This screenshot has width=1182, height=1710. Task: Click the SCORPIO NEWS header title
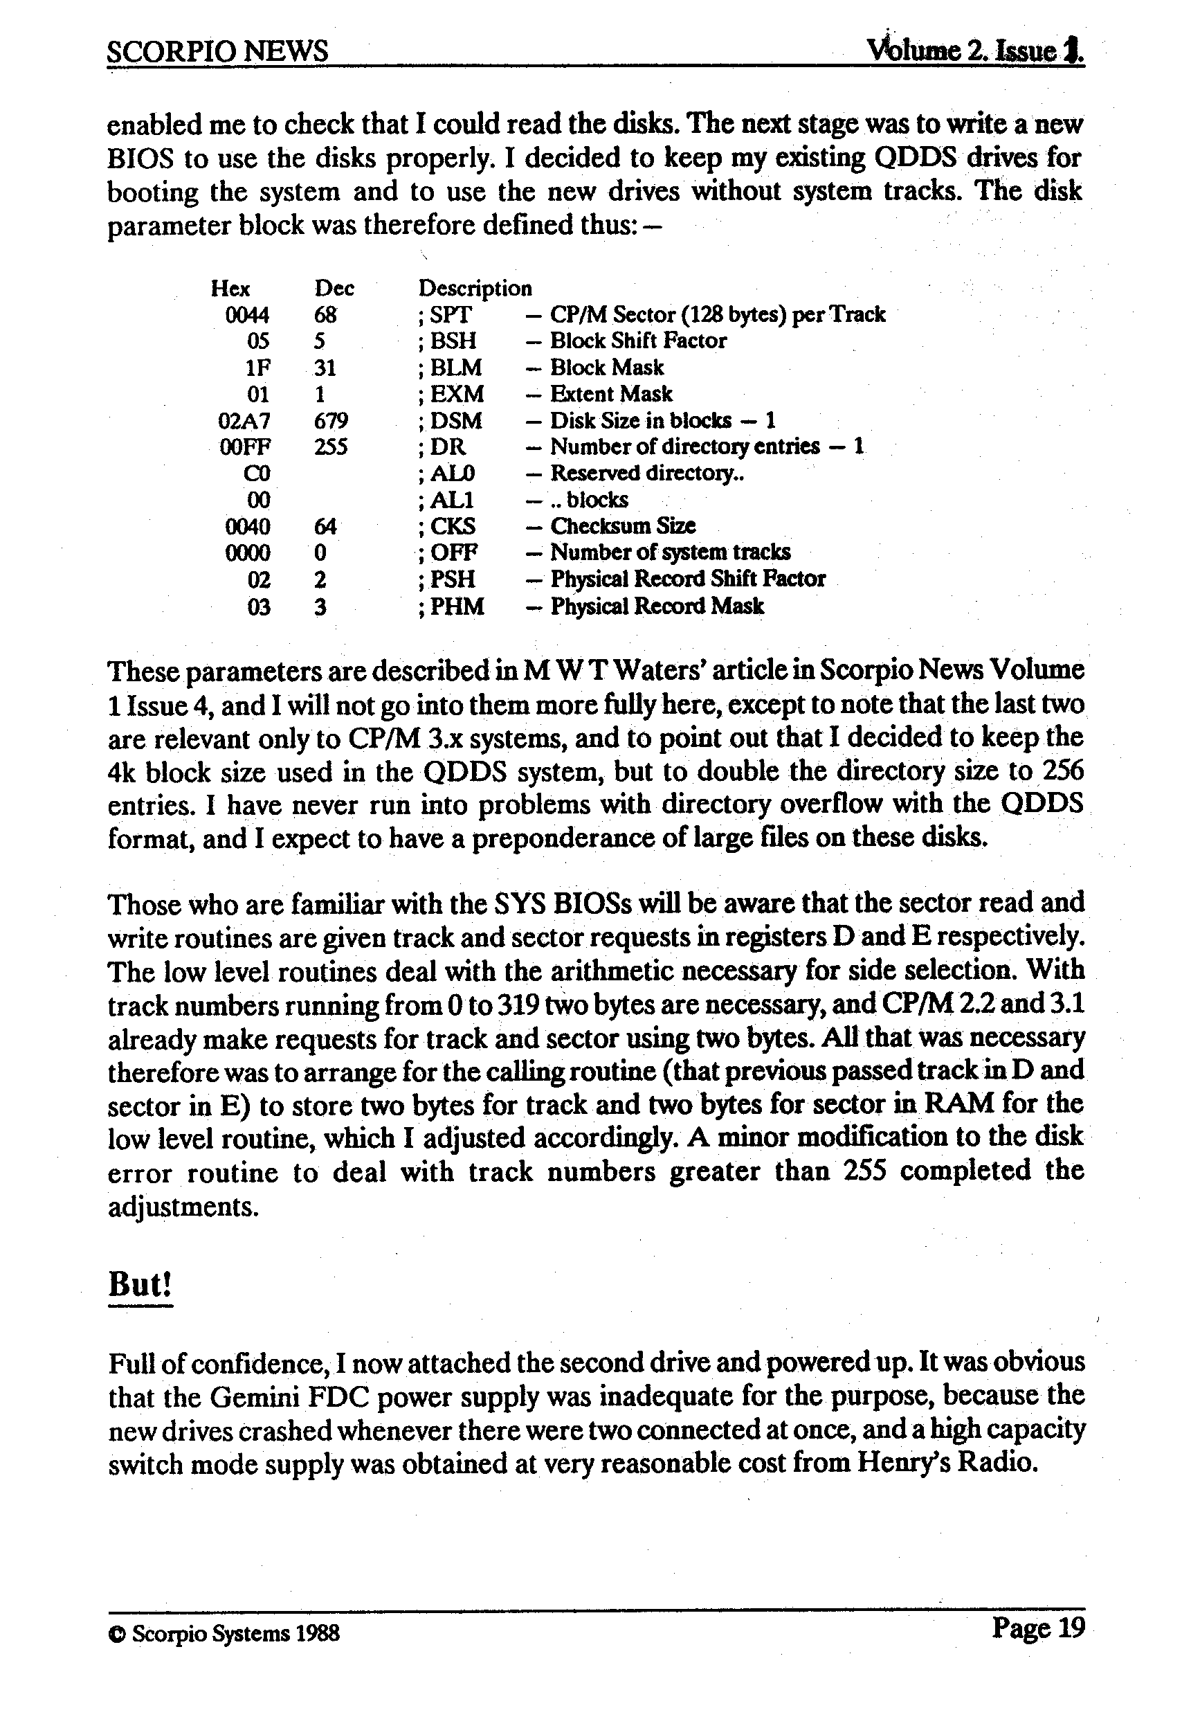[x=217, y=51]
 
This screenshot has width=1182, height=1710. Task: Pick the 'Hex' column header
[x=230, y=288]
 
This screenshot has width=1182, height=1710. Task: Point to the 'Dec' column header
[x=334, y=288]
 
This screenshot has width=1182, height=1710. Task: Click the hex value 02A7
[x=244, y=421]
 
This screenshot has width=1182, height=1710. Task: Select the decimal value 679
[x=331, y=421]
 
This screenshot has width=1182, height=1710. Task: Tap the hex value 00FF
[x=245, y=447]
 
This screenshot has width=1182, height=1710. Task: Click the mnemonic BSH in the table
[x=453, y=341]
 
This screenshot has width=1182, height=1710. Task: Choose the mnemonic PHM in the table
[x=457, y=606]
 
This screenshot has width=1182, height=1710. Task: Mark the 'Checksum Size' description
[x=622, y=526]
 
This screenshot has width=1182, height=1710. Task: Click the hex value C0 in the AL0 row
[x=257, y=474]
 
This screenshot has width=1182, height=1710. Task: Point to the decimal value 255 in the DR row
[x=330, y=447]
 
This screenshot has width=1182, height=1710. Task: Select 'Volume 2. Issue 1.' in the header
[x=975, y=51]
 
